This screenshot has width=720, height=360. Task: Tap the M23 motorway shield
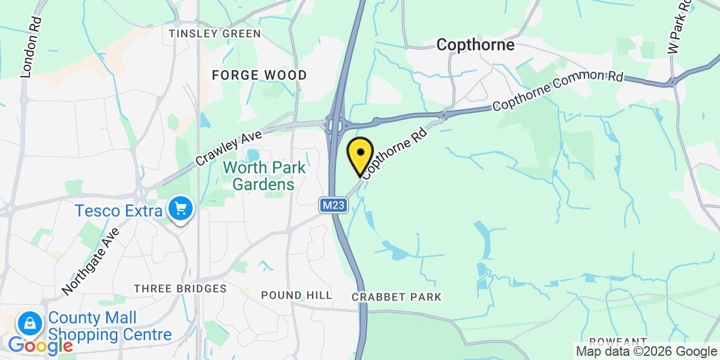pyautogui.click(x=333, y=206)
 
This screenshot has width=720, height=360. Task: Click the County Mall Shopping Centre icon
pyautogui.click(x=28, y=324)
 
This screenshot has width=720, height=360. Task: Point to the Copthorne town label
pyautogui.click(x=475, y=44)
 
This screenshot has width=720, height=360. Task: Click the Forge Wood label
pyautogui.click(x=259, y=75)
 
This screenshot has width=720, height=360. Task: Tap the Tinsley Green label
pyautogui.click(x=215, y=34)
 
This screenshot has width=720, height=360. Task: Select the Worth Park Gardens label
pyautogui.click(x=264, y=176)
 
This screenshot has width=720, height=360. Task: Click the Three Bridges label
pyautogui.click(x=180, y=289)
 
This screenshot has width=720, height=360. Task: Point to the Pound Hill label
pyautogui.click(x=296, y=295)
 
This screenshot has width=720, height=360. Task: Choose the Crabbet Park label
pyautogui.click(x=397, y=297)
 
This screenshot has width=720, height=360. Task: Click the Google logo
pyautogui.click(x=40, y=345)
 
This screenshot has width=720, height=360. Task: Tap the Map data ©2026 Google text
pyautogui.click(x=646, y=352)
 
